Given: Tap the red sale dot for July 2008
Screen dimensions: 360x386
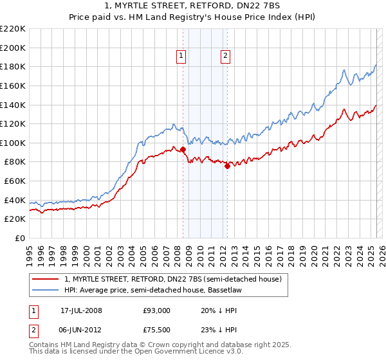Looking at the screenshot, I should [x=183, y=150].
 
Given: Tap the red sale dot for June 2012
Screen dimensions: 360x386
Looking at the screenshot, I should [x=227, y=166].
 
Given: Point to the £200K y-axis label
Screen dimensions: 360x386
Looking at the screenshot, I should [x=13, y=48].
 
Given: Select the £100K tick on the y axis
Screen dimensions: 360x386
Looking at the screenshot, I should [x=13, y=143].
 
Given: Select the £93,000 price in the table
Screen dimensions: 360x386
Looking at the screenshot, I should [x=156, y=310].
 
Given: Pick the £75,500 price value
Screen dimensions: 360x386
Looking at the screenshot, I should [x=156, y=330].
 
